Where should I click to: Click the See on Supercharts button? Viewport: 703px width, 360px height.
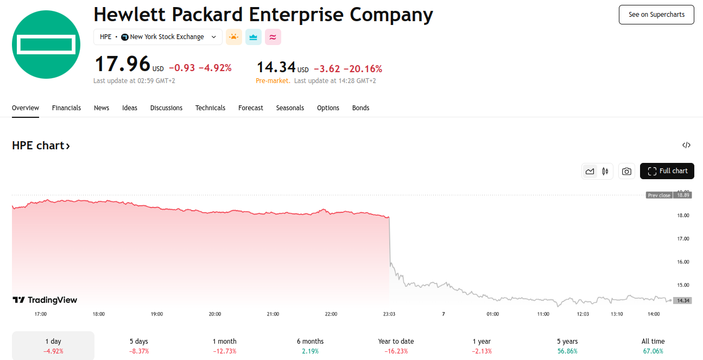(656, 15)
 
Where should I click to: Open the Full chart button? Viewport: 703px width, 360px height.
(667, 171)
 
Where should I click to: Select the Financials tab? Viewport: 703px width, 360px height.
(66, 108)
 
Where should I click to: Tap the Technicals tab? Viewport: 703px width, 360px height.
(210, 108)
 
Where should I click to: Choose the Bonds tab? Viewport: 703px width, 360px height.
(360, 108)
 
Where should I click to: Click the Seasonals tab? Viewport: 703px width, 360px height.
(290, 108)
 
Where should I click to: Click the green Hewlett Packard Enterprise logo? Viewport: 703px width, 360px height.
(46, 45)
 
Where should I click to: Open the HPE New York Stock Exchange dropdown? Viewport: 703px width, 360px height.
(158, 37)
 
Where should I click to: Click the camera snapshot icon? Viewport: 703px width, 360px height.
(626, 171)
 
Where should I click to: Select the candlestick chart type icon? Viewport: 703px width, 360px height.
(605, 171)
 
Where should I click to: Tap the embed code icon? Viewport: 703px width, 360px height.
(686, 145)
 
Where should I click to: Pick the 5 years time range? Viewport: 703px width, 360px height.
(567, 346)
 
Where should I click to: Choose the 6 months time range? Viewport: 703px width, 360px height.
(310, 346)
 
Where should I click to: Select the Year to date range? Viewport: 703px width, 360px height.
(396, 346)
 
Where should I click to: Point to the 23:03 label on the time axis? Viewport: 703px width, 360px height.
(389, 314)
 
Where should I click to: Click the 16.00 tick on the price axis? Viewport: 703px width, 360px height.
(682, 262)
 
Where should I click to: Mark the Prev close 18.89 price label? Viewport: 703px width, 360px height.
(669, 195)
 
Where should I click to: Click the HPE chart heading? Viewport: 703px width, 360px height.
(41, 146)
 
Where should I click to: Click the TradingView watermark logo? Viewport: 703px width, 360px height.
(45, 300)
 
